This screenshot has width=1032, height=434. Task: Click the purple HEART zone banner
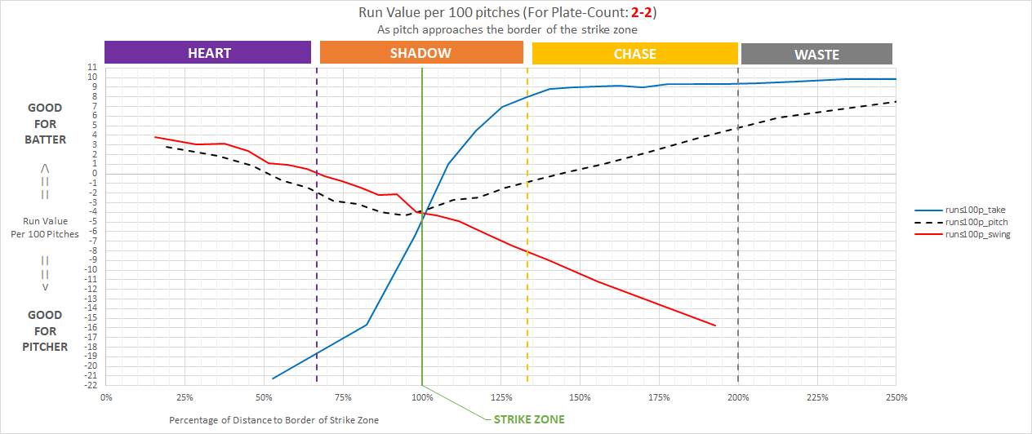(208, 53)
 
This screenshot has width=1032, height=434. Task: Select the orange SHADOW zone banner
(420, 53)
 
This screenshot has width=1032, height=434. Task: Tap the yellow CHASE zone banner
(634, 54)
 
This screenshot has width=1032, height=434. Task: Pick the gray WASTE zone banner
(816, 55)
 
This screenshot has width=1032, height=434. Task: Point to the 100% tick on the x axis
(422, 397)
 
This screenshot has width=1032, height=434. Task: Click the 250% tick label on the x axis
(896, 397)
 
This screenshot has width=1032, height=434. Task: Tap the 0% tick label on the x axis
(106, 397)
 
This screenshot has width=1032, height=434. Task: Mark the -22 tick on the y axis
(93, 385)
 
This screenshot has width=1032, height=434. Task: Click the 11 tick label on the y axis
(95, 68)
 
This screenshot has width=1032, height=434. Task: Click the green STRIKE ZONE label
(529, 420)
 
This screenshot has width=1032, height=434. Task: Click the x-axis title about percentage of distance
(274, 420)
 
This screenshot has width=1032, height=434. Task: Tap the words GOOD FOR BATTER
(46, 123)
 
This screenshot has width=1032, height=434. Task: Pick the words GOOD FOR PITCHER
(46, 330)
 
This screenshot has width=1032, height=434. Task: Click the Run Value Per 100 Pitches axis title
(46, 228)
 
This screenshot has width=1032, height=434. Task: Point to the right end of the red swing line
(715, 325)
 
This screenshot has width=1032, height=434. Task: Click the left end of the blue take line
(273, 379)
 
